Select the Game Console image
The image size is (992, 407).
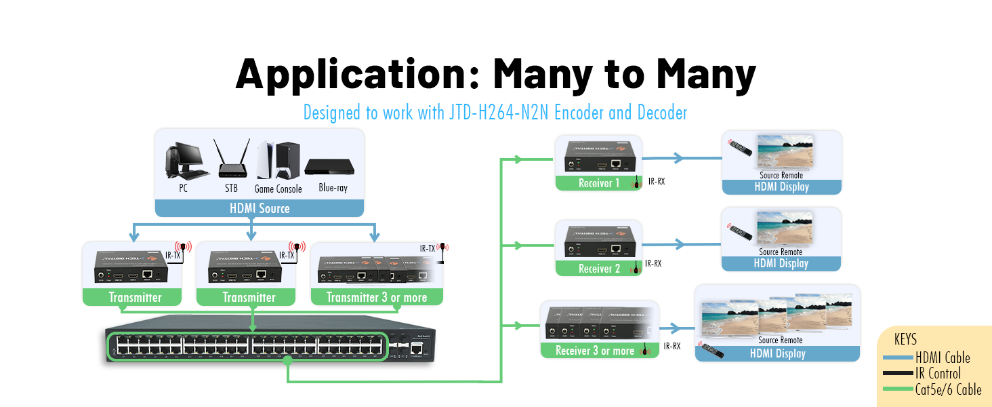click(x=278, y=159)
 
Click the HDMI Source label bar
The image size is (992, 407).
click(x=260, y=208)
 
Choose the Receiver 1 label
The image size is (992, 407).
click(x=599, y=183)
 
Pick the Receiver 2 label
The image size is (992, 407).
click(x=599, y=269)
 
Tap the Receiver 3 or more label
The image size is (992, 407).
click(x=595, y=351)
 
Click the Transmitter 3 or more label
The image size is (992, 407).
click(x=377, y=297)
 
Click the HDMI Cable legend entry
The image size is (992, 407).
click(x=943, y=357)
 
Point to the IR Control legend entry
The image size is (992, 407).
click(x=938, y=373)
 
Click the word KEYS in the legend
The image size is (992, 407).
click(x=905, y=339)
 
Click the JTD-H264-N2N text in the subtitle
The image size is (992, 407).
click(x=499, y=113)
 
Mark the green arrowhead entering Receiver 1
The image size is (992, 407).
click(x=518, y=159)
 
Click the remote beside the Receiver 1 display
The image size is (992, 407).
click(x=741, y=148)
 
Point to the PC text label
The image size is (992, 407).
click(x=183, y=188)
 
